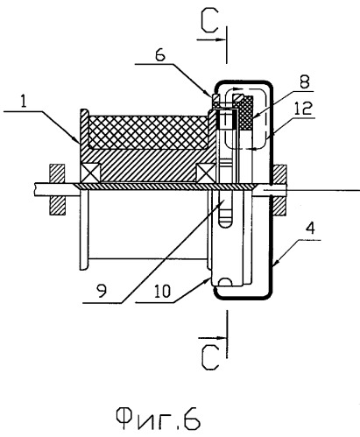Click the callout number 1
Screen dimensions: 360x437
(24, 102)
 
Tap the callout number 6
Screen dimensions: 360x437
(160, 55)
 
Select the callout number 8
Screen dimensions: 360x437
(304, 81)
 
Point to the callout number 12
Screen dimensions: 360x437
(303, 109)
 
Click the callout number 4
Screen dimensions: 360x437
(310, 229)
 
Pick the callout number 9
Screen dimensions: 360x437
(102, 291)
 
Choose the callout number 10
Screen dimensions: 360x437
(162, 291)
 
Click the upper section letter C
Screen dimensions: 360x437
(209, 21)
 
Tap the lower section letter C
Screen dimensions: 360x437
(210, 357)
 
